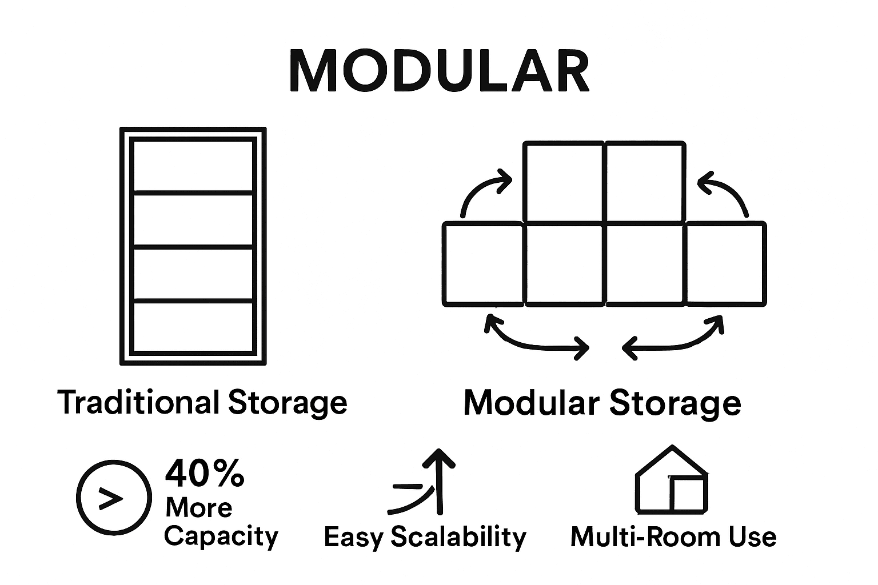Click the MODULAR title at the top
coord(439,71)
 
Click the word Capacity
coord(221,537)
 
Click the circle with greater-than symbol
coord(114,496)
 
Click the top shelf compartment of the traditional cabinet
coord(193,166)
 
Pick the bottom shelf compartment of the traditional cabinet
coord(193,326)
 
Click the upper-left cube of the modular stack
coord(564,182)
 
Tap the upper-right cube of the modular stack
coord(645,182)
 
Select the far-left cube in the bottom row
coord(483,264)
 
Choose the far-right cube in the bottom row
coord(725,264)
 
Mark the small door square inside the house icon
coord(687,495)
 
